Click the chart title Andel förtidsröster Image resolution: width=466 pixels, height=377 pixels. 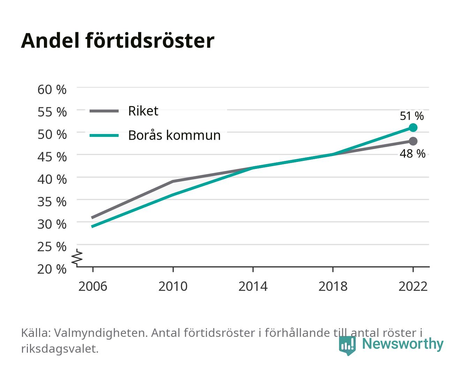[118, 40]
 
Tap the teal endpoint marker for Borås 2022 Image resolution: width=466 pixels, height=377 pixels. [413, 127]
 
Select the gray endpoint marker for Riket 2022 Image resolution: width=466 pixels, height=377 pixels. [413, 141]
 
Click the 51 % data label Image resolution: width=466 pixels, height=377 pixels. [412, 116]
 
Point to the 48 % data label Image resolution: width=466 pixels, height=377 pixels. [412, 154]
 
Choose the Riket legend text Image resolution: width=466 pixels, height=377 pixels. [143, 111]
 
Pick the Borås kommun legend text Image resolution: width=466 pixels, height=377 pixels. [174, 135]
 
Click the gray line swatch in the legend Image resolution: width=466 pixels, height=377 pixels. [104, 111]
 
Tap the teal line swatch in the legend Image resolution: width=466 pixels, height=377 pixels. [104, 135]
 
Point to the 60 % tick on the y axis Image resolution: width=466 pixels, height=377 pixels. [52, 90]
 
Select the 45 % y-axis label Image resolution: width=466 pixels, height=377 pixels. [52, 157]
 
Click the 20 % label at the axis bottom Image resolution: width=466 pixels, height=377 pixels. [52, 269]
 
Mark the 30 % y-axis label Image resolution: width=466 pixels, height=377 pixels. [52, 224]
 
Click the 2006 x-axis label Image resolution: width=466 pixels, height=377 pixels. [93, 286]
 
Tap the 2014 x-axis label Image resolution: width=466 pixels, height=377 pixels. [253, 286]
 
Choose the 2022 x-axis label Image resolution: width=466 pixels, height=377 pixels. [413, 286]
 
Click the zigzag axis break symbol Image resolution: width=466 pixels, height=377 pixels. [77, 258]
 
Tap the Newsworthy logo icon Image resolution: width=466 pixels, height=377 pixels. [347, 346]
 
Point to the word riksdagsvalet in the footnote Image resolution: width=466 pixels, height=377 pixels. [60, 348]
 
